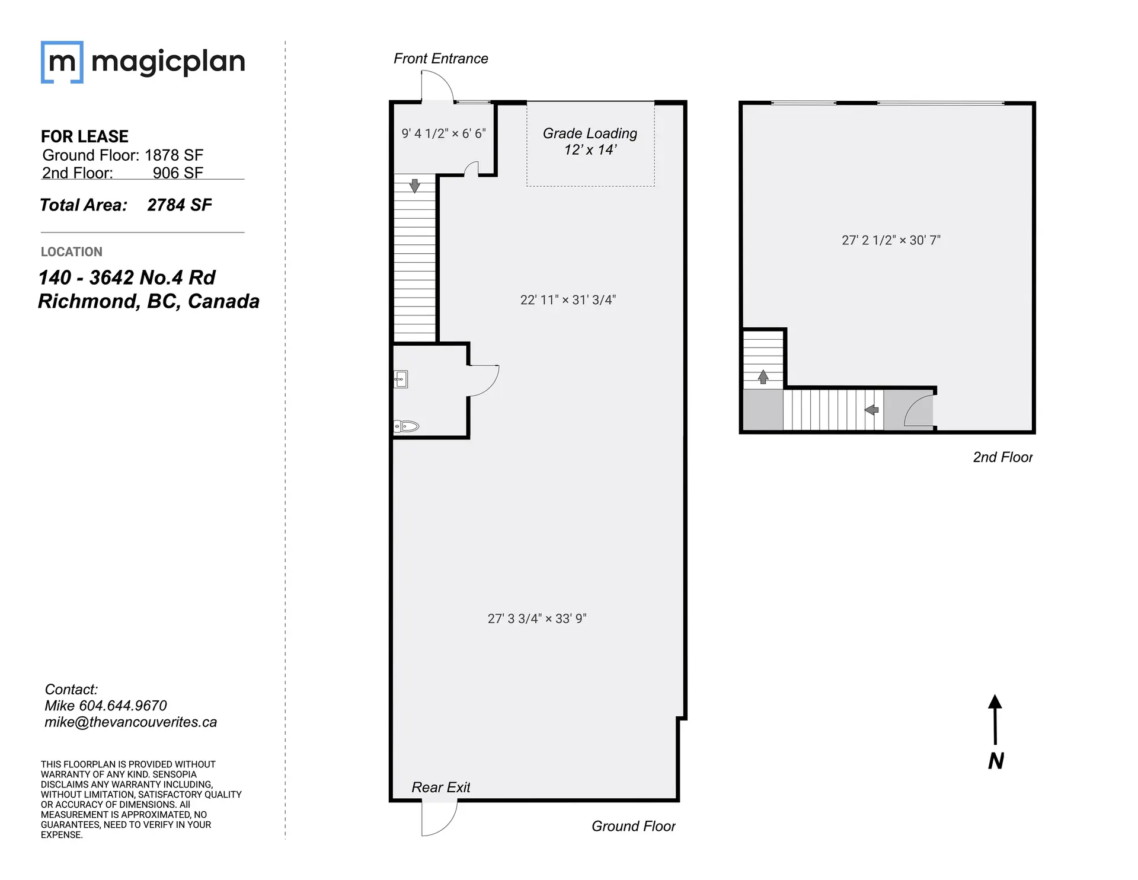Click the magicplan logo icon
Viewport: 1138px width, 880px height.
coord(62,62)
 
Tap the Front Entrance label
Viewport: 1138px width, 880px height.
coord(440,59)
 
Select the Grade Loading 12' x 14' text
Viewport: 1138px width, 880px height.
coord(590,141)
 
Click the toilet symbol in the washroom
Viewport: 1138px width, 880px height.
coord(407,426)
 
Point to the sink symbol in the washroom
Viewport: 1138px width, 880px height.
coord(401,379)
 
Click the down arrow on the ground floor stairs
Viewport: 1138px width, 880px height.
coord(414,186)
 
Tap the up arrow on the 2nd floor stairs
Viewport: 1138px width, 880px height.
coord(763,377)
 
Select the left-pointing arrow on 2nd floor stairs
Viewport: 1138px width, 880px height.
coord(871,409)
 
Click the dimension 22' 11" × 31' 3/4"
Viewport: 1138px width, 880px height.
coord(568,300)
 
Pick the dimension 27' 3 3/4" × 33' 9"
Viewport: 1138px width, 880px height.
coord(536,618)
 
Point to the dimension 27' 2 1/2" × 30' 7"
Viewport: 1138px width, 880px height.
coord(891,240)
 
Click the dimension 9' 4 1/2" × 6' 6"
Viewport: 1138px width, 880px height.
coord(443,133)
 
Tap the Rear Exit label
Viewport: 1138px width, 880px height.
coord(440,787)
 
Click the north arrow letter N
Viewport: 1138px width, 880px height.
coord(996,761)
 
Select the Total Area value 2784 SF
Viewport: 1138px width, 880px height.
coord(179,205)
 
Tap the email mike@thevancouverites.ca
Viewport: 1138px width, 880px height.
coord(130,722)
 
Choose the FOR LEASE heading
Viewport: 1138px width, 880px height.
coord(85,136)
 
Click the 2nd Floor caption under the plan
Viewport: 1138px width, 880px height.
coord(1002,457)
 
